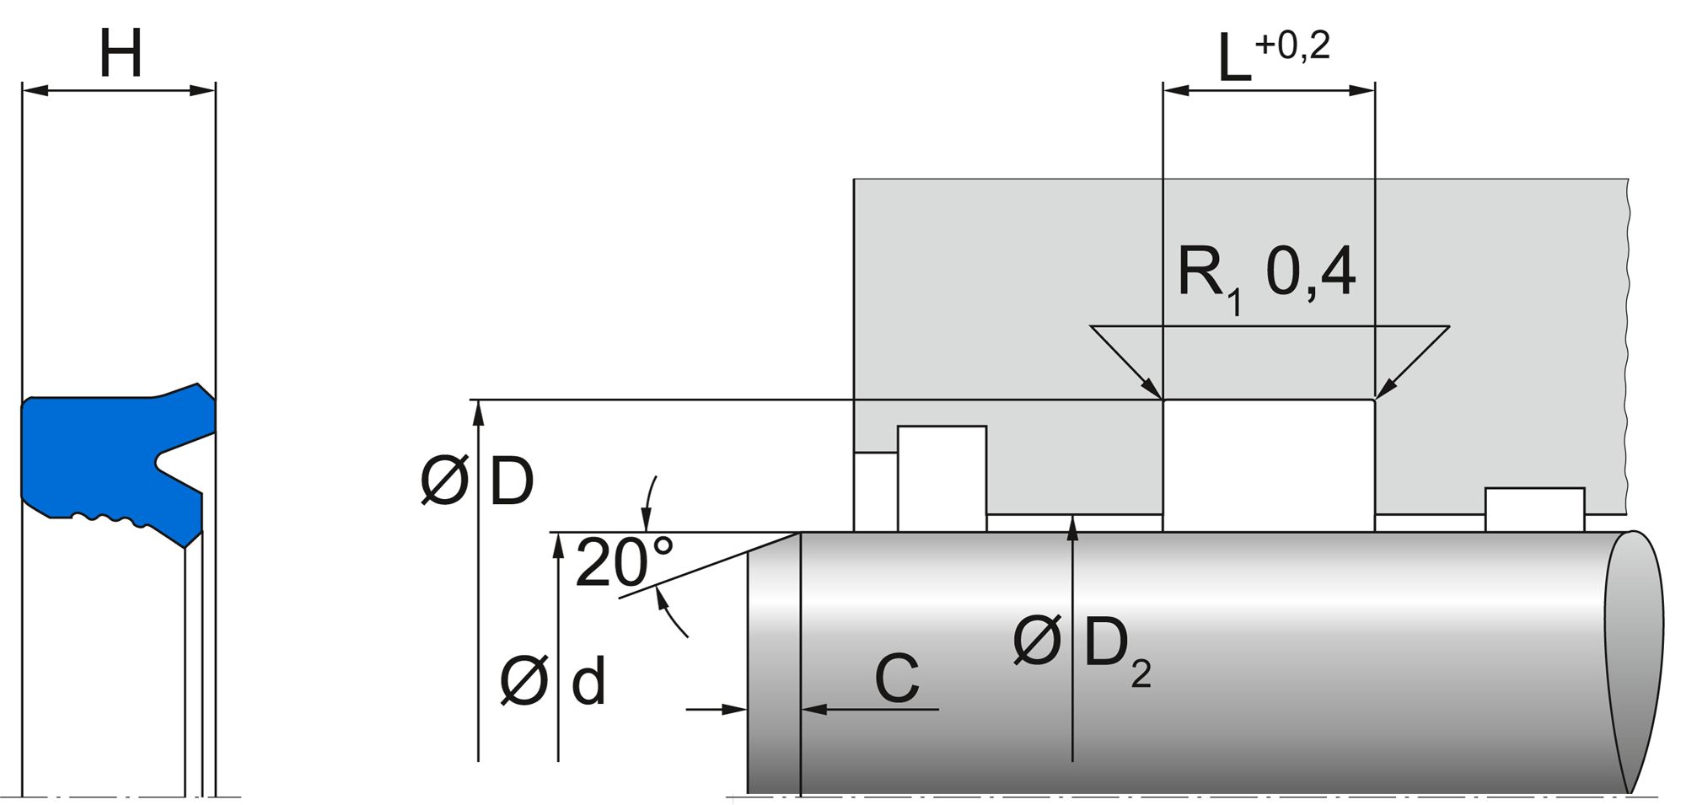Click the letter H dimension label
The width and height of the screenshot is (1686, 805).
[121, 54]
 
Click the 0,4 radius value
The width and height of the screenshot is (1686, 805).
[1311, 273]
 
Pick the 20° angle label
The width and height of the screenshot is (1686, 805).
[624, 562]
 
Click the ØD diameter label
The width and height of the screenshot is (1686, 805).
[477, 483]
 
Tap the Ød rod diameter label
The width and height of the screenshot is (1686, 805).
[552, 681]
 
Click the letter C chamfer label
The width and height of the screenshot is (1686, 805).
[896, 679]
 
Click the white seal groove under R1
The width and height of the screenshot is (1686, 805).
[1269, 464]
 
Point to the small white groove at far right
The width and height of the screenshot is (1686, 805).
[1534, 509]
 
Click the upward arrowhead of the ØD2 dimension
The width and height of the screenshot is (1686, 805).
[1072, 525]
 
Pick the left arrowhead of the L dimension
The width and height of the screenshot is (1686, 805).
[1173, 90]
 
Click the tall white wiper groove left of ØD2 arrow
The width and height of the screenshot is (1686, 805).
[942, 478]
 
